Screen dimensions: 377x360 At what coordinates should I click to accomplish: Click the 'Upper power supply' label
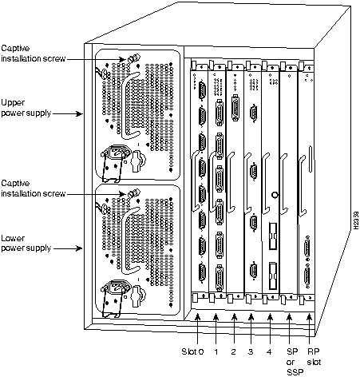tap(26, 108)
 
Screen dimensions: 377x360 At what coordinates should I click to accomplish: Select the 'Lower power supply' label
tap(26, 243)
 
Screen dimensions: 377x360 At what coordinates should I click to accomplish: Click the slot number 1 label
tap(216, 349)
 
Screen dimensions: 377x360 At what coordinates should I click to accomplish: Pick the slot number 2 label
tap(234, 349)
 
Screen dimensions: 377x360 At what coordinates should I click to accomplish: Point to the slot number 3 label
tap(252, 349)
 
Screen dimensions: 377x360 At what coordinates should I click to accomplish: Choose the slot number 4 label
tap(271, 349)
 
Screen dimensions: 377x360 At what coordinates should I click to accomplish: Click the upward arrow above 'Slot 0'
tap(198, 327)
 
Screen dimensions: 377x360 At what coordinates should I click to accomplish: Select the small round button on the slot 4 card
tap(274, 192)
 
